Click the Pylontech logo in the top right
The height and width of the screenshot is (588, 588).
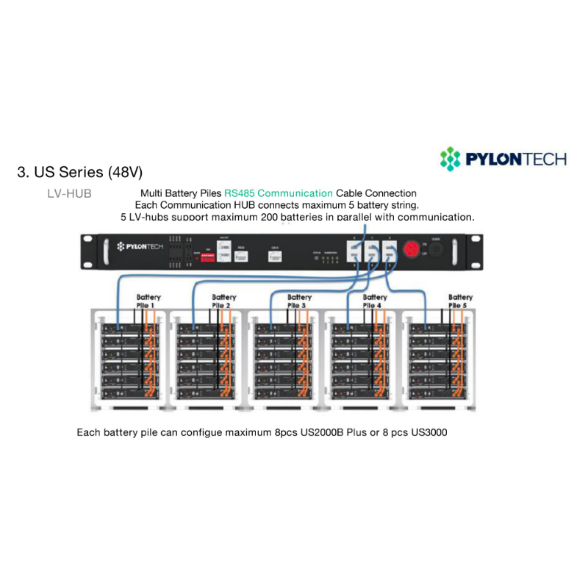503,158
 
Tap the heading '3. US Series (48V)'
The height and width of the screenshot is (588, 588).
79,173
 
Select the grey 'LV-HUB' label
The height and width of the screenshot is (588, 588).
69,194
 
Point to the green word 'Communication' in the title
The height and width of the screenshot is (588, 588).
295,193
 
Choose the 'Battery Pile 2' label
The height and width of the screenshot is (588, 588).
223,301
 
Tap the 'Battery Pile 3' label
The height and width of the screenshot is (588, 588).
299,301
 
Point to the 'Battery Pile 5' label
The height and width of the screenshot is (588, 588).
460,301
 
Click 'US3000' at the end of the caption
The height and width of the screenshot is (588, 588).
428,432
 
